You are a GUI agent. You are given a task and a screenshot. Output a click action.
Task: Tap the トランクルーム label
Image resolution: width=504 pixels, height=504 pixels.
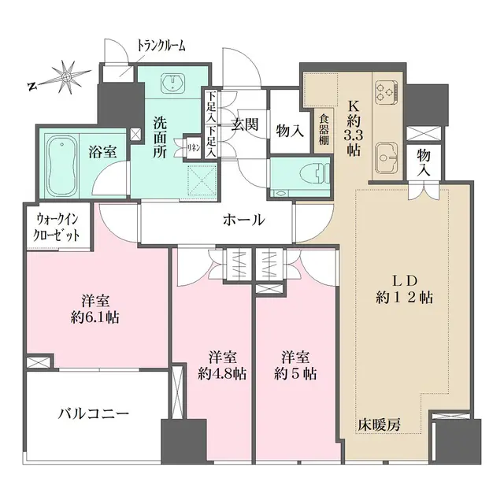(x=161, y=45)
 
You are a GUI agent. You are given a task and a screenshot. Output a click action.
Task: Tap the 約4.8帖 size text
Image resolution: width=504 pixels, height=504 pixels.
(x=213, y=365)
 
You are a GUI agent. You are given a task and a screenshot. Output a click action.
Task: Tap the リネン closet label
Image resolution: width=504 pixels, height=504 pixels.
(x=191, y=146)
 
